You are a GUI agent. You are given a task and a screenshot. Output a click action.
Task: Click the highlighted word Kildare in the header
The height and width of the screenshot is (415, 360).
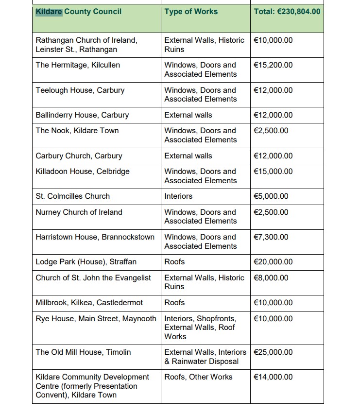coord(49,11)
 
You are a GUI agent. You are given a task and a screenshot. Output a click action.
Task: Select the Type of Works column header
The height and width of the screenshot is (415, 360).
coord(191,11)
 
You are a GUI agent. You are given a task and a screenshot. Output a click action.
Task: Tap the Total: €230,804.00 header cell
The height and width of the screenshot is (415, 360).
coord(287,11)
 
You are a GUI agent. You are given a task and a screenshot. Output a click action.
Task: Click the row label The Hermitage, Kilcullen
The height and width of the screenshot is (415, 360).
coord(78,65)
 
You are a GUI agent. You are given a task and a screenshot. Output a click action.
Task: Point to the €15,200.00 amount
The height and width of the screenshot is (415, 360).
coord(273,65)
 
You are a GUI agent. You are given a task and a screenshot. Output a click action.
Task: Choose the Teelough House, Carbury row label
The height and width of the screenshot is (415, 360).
coord(80,90)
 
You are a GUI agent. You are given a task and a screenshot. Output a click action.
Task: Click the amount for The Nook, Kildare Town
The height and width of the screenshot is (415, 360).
coord(271,131)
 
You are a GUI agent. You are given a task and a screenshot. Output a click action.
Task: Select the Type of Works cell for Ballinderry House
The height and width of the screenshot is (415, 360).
coord(188,115)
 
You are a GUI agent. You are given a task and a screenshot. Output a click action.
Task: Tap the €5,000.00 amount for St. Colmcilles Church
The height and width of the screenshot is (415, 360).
coord(271,196)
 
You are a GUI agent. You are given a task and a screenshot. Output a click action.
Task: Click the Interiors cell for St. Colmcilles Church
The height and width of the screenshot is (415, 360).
coord(178,196)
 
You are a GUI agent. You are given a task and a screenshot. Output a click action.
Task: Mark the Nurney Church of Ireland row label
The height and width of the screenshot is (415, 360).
coord(79,212)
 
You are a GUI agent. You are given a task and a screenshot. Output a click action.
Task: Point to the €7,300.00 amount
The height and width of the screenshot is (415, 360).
coord(271,237)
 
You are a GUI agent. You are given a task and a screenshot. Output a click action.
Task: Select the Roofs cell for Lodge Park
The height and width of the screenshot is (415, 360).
coord(174,262)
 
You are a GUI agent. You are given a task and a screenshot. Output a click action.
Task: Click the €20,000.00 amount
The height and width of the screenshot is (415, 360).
coord(273,262)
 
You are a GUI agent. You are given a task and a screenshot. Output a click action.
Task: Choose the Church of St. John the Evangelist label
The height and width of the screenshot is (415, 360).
coord(93,278)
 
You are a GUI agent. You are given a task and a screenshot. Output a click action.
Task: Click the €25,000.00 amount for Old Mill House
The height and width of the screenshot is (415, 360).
coord(273,352)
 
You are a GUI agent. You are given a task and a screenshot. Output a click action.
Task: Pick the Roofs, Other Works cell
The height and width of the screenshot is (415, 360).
coord(198,377)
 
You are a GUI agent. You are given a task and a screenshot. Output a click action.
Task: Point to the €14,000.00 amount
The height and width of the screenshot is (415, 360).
coord(273,377)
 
